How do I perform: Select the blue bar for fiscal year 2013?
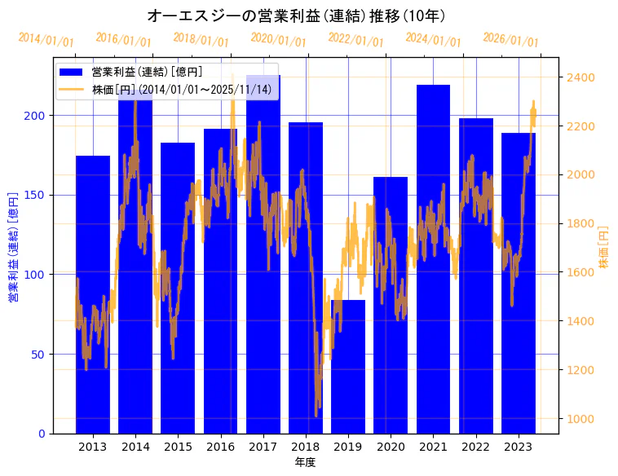pyautogui.click(x=93, y=294)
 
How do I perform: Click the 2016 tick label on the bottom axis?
pyautogui.click(x=220, y=446)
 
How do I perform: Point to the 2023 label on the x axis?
pyautogui.click(x=519, y=446)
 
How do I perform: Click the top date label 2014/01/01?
pyautogui.click(x=46, y=40)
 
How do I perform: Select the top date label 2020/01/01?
pyautogui.click(x=278, y=40)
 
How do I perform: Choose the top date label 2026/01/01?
pyautogui.click(x=510, y=40)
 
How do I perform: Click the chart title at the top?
pyautogui.click(x=296, y=15)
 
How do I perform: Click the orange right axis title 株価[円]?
pyautogui.click(x=604, y=248)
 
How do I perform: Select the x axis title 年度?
pyautogui.click(x=305, y=462)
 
